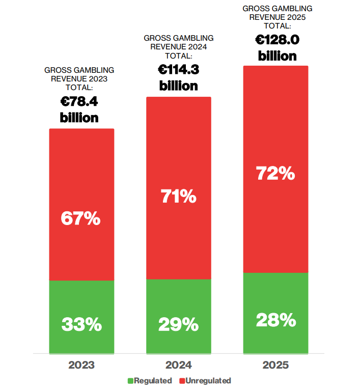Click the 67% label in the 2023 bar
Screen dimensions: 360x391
80,218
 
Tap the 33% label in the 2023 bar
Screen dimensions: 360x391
81,324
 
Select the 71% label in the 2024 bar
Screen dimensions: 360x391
179,196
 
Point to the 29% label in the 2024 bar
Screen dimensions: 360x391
179,324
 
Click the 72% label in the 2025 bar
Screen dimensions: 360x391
275,173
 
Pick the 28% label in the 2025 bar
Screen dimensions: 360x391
276,320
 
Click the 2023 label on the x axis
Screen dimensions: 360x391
81,365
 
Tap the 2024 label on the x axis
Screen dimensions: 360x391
179,365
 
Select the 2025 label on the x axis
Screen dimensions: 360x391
275,365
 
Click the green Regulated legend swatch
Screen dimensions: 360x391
130,381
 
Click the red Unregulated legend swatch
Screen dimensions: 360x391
182,381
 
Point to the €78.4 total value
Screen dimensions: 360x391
79,101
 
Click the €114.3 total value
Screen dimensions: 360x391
179,70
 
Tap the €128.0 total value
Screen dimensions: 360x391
277,40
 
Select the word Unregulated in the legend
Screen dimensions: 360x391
208,381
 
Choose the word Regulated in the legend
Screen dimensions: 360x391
153,381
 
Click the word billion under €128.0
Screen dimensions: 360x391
277,56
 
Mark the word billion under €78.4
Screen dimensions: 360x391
79,118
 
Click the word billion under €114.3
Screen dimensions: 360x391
179,86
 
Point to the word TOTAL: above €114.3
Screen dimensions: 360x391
179,56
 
